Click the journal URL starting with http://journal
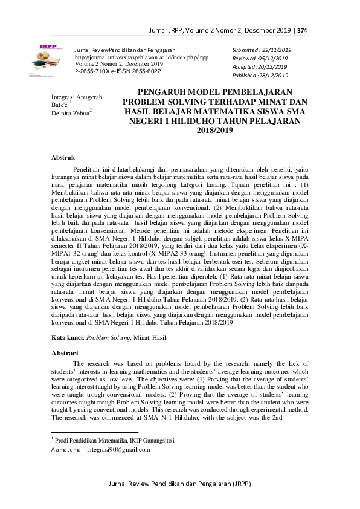[123, 56]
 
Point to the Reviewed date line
[260, 58]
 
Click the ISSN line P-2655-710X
[117, 71]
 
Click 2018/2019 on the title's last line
[214, 130]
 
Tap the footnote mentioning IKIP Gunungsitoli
[115, 441]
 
